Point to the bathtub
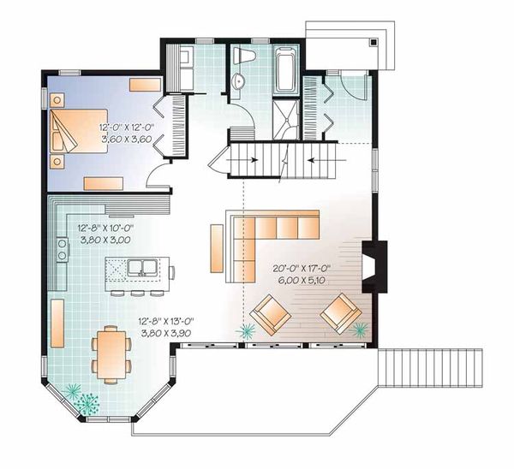pyautogui.click(x=284, y=70)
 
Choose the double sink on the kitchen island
pyautogui.click(x=142, y=267)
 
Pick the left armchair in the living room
pyautogui.click(x=272, y=314)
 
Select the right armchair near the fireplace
pyautogui.click(x=341, y=314)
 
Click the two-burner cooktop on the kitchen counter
pyautogui.click(x=62, y=250)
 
